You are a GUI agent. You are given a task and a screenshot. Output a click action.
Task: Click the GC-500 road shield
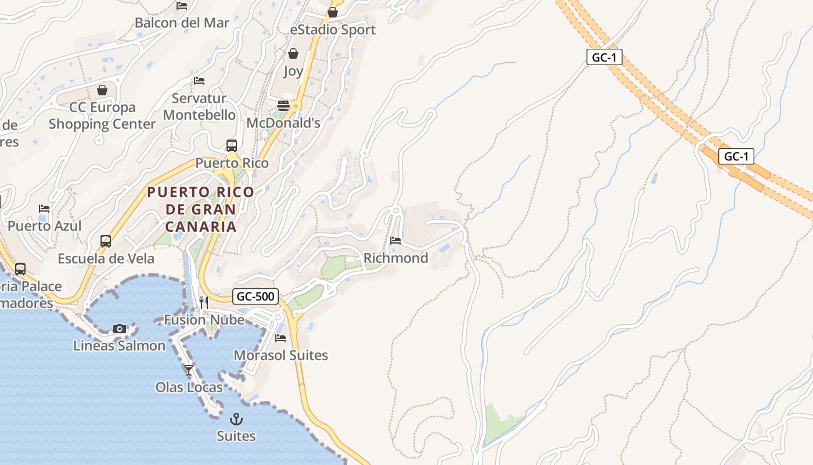click(256, 296)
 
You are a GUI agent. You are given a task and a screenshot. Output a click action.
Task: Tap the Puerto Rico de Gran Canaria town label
click(200, 209)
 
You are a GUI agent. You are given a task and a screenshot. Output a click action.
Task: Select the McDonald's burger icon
click(283, 106)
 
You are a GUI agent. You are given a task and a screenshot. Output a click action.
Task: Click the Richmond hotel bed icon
click(395, 240)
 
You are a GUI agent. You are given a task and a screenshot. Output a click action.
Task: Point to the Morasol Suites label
click(280, 355)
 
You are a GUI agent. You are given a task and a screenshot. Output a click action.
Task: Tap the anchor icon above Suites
click(236, 419)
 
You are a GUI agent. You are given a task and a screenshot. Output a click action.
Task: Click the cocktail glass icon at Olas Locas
click(189, 370)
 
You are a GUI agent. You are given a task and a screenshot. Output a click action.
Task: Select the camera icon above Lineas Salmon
click(120, 328)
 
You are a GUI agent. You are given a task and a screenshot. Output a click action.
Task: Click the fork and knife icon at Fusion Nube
click(204, 302)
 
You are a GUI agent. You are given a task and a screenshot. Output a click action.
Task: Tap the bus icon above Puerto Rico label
click(232, 145)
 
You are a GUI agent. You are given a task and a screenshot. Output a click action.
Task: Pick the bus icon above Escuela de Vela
click(106, 241)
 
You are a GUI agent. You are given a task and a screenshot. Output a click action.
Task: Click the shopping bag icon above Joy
click(293, 53)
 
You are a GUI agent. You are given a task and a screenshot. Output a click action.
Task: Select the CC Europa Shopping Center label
click(102, 116)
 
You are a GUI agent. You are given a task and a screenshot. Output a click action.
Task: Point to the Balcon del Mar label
click(182, 23)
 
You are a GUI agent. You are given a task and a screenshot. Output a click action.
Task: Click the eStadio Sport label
click(333, 30)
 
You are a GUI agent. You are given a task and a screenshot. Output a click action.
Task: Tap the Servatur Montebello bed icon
click(199, 80)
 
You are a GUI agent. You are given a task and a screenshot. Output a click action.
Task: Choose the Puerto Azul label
click(45, 226)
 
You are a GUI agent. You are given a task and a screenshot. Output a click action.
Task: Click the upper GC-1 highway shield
click(605, 57)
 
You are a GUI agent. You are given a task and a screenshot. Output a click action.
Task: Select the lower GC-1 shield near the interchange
click(736, 156)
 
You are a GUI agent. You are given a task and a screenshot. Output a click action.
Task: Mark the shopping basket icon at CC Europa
click(102, 90)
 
